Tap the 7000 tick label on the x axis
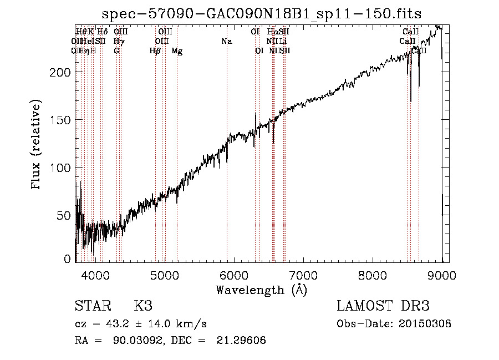pyautogui.click(x=303, y=275)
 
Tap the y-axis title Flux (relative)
pyautogui.click(x=37, y=145)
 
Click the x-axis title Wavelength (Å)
pyautogui.click(x=261, y=290)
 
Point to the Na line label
pyautogui.click(x=226, y=42)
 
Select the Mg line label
pyautogui.click(x=177, y=51)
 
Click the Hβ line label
pyautogui.click(x=155, y=51)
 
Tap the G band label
pyautogui.click(x=116, y=51)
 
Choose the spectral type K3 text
pyautogui.click(x=143, y=306)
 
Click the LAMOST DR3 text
pyautogui.click(x=383, y=306)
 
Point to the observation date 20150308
pyautogui.click(x=427, y=324)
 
